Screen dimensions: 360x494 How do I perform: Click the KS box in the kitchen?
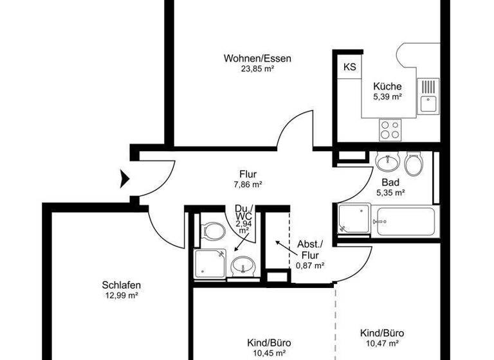(x=349, y=67)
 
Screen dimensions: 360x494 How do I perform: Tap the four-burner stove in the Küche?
(x=389, y=130)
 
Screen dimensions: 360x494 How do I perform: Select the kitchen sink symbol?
(x=427, y=96)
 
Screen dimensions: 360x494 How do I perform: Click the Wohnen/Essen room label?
(x=257, y=59)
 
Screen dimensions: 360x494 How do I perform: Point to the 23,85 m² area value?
(x=257, y=69)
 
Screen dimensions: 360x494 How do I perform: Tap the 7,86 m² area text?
(x=248, y=184)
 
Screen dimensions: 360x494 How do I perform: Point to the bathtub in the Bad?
(x=403, y=221)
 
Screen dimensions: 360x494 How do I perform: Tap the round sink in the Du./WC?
(x=242, y=265)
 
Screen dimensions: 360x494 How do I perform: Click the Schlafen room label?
(x=121, y=285)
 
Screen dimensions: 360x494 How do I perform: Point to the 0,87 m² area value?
(x=309, y=264)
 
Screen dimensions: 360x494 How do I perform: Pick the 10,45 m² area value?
(x=266, y=353)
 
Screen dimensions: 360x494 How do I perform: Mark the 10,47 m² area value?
(x=382, y=343)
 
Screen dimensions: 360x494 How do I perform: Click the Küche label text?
(x=387, y=86)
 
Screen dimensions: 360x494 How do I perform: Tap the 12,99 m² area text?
(x=121, y=296)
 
